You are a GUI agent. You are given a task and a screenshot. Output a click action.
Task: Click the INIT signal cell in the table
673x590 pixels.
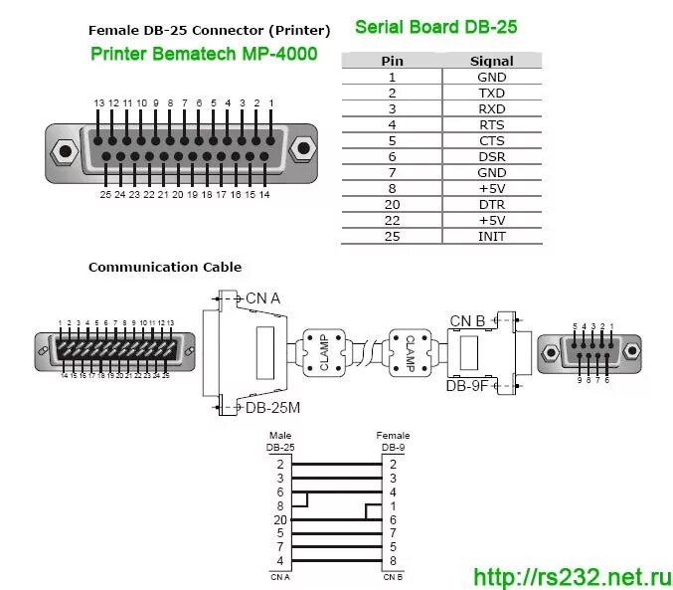pos(492,237)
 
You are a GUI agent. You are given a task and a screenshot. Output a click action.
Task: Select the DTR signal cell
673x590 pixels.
pos(492,205)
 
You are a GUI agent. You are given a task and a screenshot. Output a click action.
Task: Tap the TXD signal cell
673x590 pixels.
pos(492,93)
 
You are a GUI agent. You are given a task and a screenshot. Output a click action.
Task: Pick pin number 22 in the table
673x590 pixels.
pos(392,221)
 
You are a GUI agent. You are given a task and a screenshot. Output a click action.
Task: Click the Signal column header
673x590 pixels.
pos(492,61)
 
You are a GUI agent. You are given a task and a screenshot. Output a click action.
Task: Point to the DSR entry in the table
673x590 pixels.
pos(492,157)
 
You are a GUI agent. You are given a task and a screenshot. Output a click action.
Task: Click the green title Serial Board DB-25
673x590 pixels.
pos(436,27)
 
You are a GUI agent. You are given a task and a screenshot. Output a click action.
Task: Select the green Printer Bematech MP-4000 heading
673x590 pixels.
pos(204,54)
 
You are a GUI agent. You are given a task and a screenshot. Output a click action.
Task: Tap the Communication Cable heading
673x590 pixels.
pos(165,267)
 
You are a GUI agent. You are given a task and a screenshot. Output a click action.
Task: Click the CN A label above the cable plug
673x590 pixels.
pos(262,298)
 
